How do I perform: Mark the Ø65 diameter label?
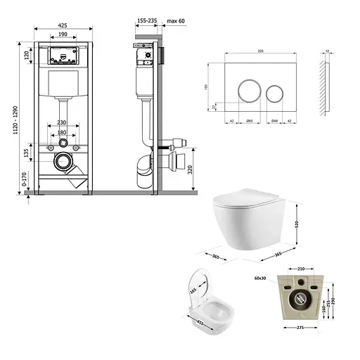coord(248,121)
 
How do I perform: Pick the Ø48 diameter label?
coord(275,121)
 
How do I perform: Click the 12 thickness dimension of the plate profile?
coord(328,52)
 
